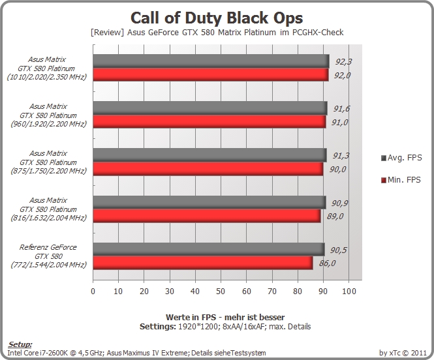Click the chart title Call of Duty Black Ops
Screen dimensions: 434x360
pyautogui.click(x=217, y=18)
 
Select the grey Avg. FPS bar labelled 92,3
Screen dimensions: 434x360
pyautogui.click(x=211, y=61)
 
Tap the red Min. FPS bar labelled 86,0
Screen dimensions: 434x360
pyautogui.click(x=203, y=263)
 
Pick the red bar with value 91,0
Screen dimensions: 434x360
pyautogui.click(x=209, y=122)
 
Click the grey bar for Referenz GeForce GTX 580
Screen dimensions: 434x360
pyautogui.click(x=209, y=249)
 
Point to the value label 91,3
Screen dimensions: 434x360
pyautogui.click(x=341, y=156)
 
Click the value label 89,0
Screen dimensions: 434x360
pyautogui.click(x=335, y=216)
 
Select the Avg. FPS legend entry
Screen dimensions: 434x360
pyautogui.click(x=401, y=158)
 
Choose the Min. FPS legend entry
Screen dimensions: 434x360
pyautogui.click(x=401, y=180)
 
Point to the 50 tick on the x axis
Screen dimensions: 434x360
pyautogui.click(x=221, y=291)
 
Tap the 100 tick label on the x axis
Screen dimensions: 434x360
pyautogui.click(x=349, y=291)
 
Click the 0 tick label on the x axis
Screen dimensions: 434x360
pyautogui.click(x=93, y=291)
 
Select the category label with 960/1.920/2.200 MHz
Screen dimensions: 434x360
pyautogui.click(x=48, y=115)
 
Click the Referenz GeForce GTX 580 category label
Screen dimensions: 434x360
pyautogui.click(x=48, y=256)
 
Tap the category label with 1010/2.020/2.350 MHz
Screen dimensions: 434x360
pyautogui.click(x=47, y=68)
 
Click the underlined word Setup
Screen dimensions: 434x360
pyautogui.click(x=20, y=344)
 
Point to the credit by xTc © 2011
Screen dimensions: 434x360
pyautogui.click(x=403, y=353)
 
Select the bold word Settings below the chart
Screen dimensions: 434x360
pyautogui.click(x=158, y=327)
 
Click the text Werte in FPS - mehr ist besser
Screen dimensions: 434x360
pyautogui.click(x=225, y=317)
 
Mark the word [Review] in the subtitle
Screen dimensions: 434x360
pyautogui.click(x=108, y=33)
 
